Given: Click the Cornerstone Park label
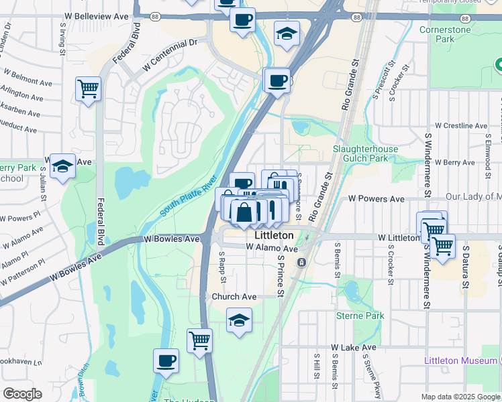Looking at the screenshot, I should point(445,34).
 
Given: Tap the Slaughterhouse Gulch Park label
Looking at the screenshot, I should point(360,153).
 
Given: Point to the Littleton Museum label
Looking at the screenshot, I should point(460,360).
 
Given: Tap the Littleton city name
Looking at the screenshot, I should point(274,236).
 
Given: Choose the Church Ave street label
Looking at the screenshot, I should point(234,296).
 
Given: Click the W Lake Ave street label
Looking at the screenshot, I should point(354,348).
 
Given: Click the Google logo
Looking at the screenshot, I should point(22,394).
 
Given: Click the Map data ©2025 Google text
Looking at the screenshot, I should point(460,397).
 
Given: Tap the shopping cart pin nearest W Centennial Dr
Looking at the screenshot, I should point(89,88).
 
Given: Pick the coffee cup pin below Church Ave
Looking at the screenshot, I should point(166,361).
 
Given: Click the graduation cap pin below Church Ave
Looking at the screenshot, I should point(239,320).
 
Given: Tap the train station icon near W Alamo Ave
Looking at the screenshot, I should point(301,262).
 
